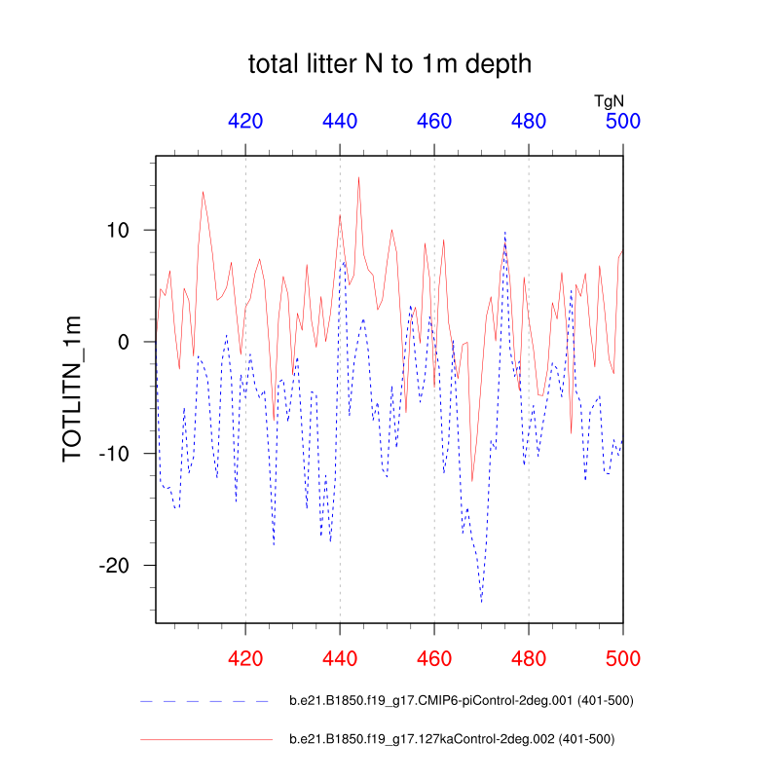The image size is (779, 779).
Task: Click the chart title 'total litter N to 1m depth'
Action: [389, 65]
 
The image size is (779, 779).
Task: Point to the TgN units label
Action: [609, 99]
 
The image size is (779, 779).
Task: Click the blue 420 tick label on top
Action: [245, 122]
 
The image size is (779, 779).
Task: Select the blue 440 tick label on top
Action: [340, 122]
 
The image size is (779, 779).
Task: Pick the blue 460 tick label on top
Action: [434, 122]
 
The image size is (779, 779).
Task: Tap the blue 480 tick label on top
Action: [529, 122]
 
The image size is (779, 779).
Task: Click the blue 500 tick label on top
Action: [622, 122]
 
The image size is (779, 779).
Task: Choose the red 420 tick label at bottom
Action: [245, 658]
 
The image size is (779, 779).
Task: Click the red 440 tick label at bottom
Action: [340, 658]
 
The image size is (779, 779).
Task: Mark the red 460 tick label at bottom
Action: [434, 658]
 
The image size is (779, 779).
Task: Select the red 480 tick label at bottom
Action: [529, 658]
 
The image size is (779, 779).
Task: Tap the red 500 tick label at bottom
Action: [622, 658]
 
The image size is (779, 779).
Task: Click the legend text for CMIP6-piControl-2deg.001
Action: [463, 701]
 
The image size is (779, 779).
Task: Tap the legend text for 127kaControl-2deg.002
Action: [452, 739]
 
